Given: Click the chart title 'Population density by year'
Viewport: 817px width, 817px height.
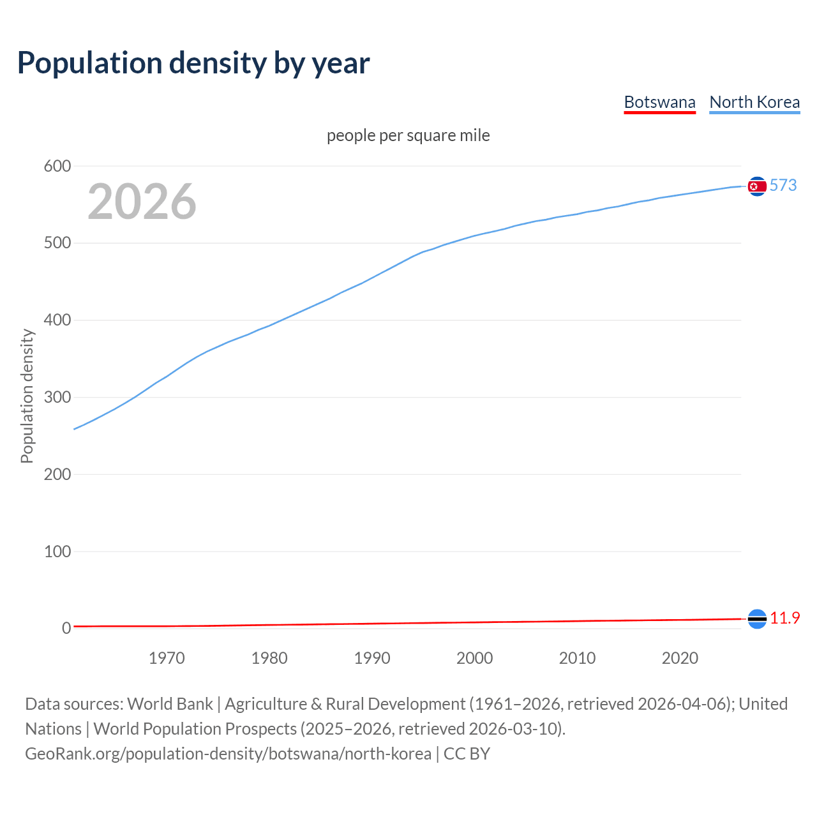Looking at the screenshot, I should point(193,63).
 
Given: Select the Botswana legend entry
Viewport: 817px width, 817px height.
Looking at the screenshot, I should point(659,102).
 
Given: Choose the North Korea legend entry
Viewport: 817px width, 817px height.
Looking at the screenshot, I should point(754,102).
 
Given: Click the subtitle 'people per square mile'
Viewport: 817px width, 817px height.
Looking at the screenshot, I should point(408,135).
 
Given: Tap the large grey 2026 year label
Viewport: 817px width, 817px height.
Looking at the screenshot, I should point(142,202).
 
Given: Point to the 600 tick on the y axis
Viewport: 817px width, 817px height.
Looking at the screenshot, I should point(57,167).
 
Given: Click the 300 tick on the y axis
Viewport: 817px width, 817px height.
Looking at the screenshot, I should point(57,398).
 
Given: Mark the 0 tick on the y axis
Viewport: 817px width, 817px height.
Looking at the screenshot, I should point(66,629).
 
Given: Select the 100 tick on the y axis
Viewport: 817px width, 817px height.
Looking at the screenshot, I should point(57,551).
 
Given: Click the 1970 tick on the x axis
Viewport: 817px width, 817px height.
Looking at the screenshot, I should point(167,658).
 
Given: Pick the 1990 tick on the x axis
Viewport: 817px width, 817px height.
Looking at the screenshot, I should point(372,658).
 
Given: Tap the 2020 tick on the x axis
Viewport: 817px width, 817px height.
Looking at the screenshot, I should point(680,658).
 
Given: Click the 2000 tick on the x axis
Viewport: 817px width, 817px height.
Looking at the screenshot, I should point(475,658).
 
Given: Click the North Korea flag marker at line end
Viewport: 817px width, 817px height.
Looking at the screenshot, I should point(757,186).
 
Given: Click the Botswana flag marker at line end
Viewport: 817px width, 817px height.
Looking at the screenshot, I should point(757,618).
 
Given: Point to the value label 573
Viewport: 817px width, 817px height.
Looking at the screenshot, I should point(783,185).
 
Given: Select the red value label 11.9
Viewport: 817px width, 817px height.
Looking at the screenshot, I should point(785,618).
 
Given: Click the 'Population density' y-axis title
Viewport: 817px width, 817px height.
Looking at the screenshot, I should point(27,396).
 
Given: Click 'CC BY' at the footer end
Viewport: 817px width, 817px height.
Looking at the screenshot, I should point(467,754).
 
